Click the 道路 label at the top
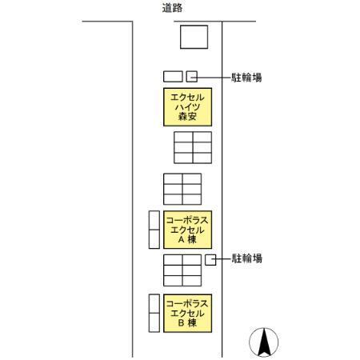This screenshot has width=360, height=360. (x=172, y=8)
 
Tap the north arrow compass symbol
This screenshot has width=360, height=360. (x=264, y=342)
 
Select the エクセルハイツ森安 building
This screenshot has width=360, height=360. (x=187, y=107)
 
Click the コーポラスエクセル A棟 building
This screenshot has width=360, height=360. (x=187, y=230)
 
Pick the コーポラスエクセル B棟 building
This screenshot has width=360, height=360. (x=187, y=313)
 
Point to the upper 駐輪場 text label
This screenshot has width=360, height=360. (x=246, y=78)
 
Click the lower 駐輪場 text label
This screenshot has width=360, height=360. (x=246, y=258)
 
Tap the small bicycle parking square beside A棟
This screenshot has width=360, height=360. (x=210, y=260)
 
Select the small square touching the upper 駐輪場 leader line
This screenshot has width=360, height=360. (x=192, y=76)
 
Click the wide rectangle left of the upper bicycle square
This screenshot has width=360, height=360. (x=173, y=76)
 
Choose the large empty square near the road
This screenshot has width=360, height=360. (x=194, y=37)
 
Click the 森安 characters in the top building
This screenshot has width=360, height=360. (x=187, y=117)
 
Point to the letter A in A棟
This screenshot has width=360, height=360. (x=181, y=239)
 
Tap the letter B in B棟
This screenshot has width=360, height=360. (x=181, y=323)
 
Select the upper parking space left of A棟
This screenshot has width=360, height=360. (x=154, y=220)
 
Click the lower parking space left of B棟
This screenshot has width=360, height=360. (x=154, y=322)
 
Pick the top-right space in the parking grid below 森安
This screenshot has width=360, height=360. (x=202, y=137)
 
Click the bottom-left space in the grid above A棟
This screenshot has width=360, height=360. (x=173, y=199)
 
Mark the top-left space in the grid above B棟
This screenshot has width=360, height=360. (x=173, y=260)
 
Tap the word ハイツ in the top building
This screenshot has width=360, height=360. (x=187, y=107)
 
